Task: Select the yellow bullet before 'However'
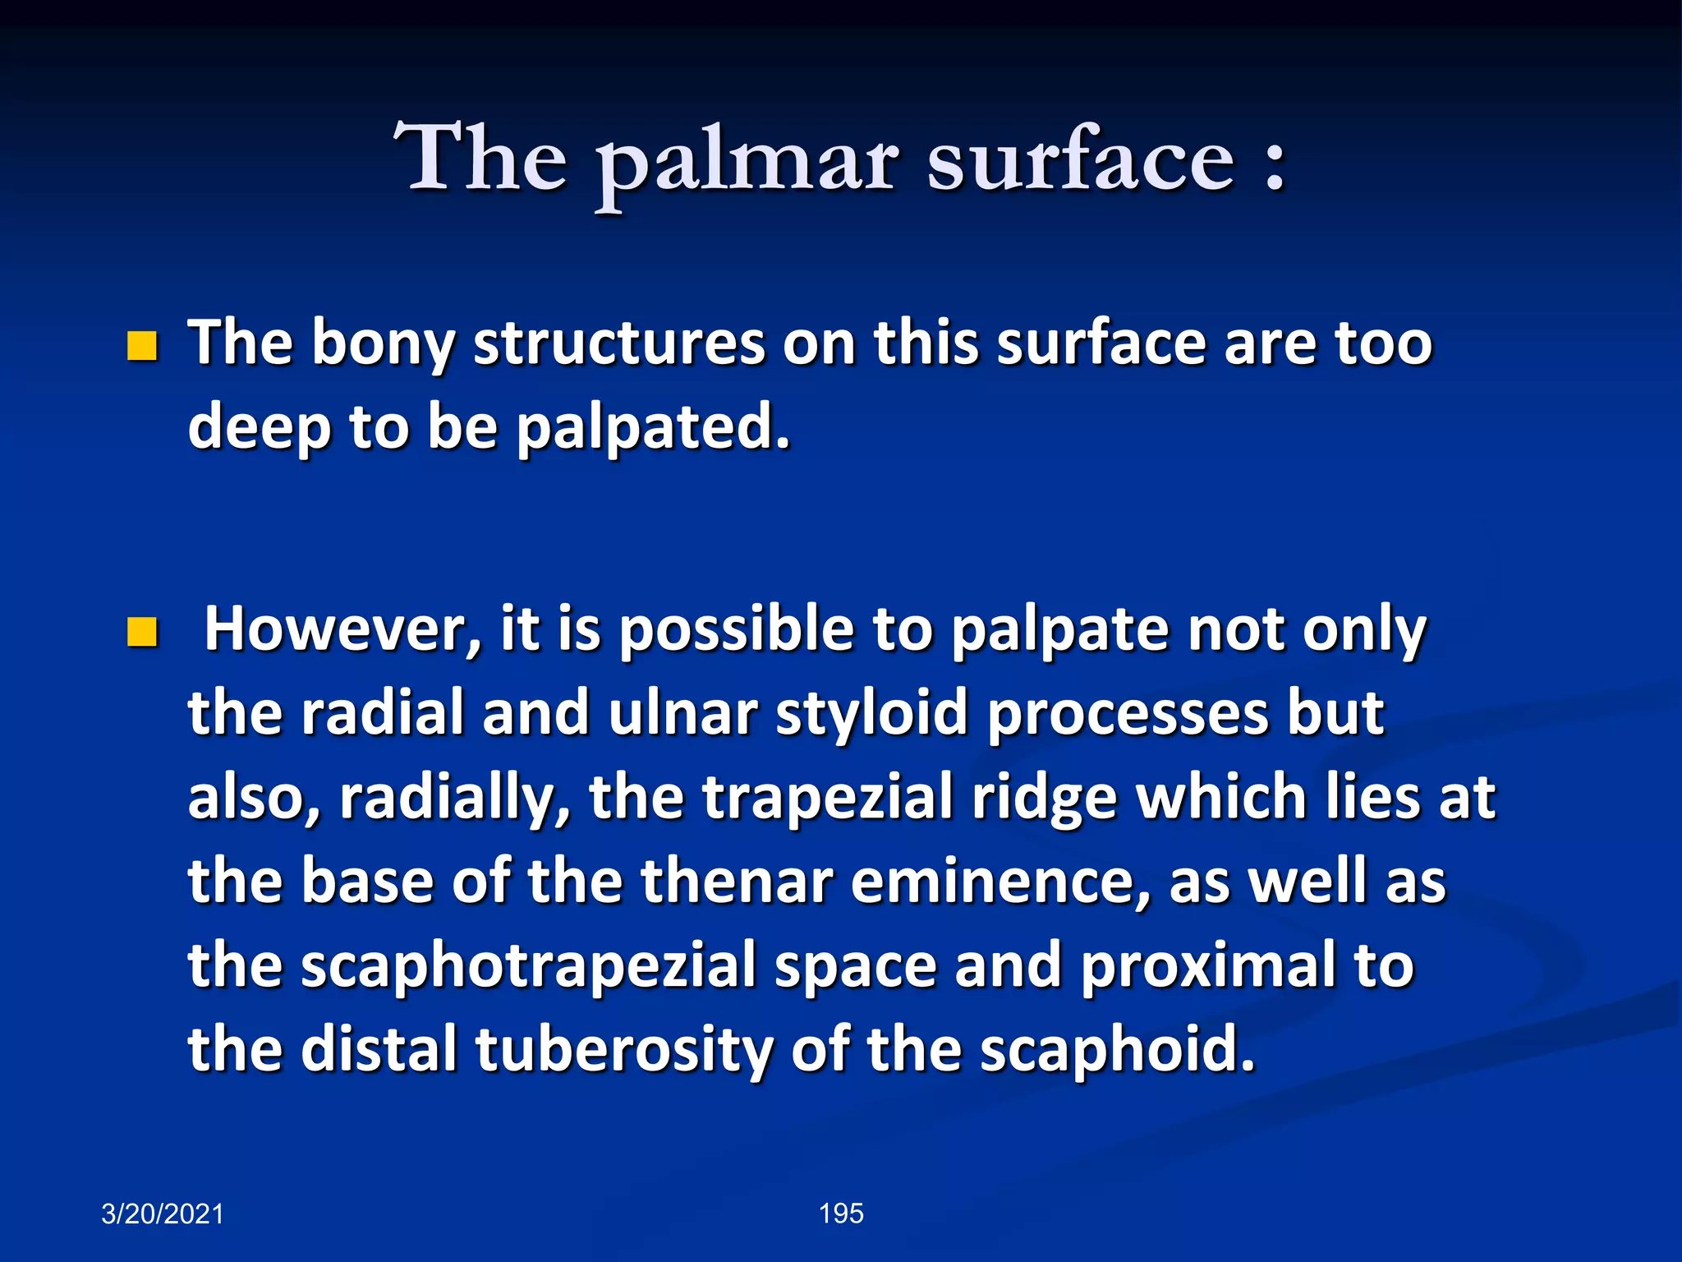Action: point(142,633)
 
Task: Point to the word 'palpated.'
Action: point(653,429)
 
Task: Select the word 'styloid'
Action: point(871,715)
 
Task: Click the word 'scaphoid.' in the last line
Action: point(1118,1052)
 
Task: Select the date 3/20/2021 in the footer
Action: point(162,1214)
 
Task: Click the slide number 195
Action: point(841,1214)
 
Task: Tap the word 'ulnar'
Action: point(683,715)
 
